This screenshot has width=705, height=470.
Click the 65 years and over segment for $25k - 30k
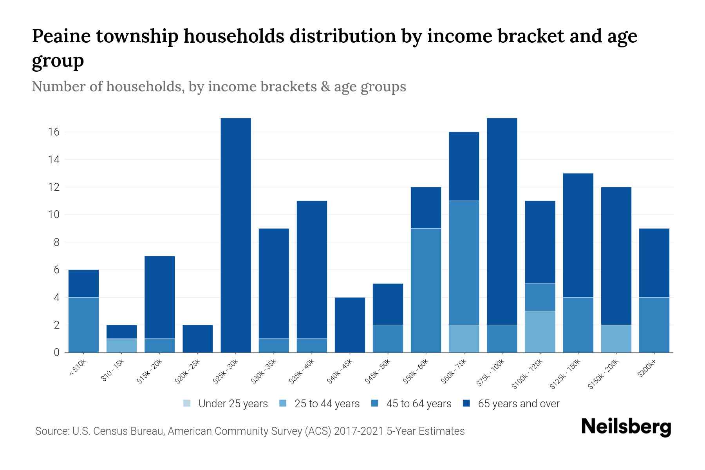236,235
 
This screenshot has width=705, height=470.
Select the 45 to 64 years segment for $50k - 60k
426,290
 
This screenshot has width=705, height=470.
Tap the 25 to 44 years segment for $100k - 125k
540,332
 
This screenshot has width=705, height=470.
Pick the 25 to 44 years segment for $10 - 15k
121,345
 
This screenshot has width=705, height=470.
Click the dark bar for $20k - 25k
198,338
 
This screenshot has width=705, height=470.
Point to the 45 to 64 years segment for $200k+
654,325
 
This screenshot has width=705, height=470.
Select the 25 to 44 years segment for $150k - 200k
616,338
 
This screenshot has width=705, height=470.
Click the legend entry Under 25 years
226,403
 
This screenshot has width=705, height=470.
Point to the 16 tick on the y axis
54,132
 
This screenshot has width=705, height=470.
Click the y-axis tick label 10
54,215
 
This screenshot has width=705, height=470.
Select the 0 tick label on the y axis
56,352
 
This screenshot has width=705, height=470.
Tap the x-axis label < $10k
78,368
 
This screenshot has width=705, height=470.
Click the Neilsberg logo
626,427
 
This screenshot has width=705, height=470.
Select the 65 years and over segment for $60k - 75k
464,166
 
